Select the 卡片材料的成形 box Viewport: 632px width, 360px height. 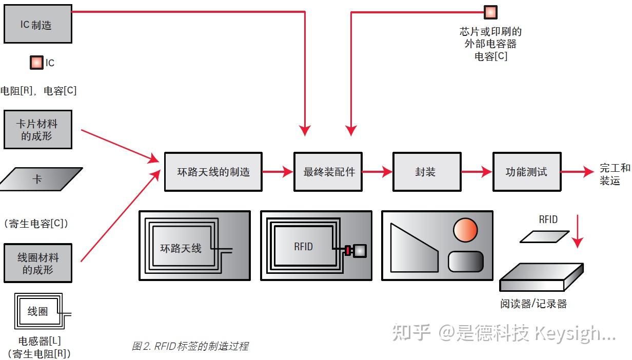pyautogui.click(x=37, y=130)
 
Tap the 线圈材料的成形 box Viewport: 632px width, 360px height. pyautogui.click(x=37, y=263)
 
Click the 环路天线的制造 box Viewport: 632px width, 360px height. pyautogui.click(x=213, y=172)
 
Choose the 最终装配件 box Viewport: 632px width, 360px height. pyautogui.click(x=328, y=172)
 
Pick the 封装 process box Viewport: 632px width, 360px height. pyautogui.click(x=425, y=172)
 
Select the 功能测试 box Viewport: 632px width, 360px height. pyautogui.click(x=526, y=172)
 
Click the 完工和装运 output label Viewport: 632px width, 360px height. pyautogui.click(x=615, y=174)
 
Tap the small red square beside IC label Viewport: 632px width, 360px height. pyautogui.click(x=36, y=63)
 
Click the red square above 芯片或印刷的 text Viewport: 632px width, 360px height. pyautogui.click(x=490, y=12)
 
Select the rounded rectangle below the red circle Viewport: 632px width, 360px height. pyautogui.click(x=465, y=262)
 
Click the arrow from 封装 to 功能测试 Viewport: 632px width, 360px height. pyautogui.click(x=476, y=172)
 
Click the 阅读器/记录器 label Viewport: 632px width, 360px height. pyautogui.click(x=534, y=304)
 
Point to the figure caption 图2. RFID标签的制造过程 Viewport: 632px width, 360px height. pyautogui.click(x=190, y=346)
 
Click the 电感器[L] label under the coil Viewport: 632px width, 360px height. pyautogui.click(x=39, y=342)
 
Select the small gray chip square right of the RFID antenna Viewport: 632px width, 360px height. pyautogui.click(x=360, y=251)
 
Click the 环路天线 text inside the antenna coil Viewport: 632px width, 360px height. pyautogui.click(x=181, y=249)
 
